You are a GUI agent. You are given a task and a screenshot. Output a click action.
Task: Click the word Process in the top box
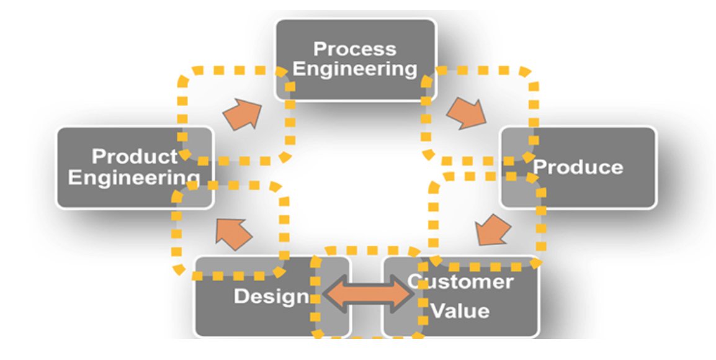point(354,48)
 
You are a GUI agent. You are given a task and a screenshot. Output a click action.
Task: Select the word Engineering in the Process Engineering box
point(354,69)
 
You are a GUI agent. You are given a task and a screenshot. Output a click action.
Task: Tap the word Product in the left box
point(135,156)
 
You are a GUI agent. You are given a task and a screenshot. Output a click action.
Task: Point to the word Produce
point(578,167)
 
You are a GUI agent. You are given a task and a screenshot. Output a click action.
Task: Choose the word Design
point(271,296)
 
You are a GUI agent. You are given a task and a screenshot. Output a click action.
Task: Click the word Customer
point(460,282)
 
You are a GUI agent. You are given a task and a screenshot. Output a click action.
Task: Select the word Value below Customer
point(460,310)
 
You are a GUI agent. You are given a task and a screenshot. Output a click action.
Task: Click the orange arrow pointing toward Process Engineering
point(241,114)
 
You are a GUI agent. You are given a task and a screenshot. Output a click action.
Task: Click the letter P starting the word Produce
point(539,167)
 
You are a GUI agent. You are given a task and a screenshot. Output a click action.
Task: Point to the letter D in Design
point(239,296)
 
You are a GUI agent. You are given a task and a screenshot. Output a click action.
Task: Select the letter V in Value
point(437,310)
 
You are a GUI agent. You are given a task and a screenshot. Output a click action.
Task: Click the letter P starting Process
point(319,48)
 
